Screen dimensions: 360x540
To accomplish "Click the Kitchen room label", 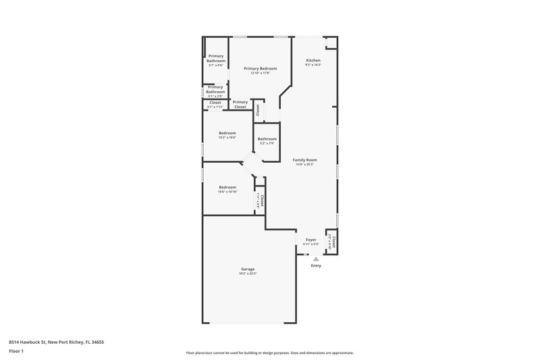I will point(313,60).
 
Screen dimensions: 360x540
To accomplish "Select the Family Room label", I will point(305,160).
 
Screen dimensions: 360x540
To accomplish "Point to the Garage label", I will point(248,269).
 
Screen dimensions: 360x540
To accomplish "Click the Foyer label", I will point(310,240).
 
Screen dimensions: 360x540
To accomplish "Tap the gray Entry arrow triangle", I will point(315,259).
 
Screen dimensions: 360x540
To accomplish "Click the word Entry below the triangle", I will point(316,265).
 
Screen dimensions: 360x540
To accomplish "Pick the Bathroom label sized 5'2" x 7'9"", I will point(267,139).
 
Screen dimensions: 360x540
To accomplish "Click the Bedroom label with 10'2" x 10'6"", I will point(227,133).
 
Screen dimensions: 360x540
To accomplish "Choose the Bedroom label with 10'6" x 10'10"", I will point(227,187).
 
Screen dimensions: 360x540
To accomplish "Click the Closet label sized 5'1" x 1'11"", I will point(215,103).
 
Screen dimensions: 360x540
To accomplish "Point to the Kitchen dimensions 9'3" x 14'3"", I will point(313,65).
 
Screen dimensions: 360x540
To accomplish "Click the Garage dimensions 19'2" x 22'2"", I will point(248,274).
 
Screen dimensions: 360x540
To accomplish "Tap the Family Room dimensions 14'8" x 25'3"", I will point(305,165).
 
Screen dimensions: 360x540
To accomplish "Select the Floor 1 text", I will point(17,352).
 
